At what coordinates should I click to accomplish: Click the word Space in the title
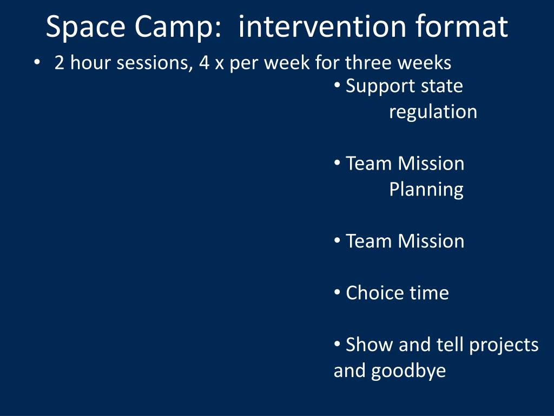85,27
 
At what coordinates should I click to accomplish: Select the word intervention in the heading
322,26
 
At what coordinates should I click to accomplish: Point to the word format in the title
461,26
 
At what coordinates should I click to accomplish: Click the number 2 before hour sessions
60,63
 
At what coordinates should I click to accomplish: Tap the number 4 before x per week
204,63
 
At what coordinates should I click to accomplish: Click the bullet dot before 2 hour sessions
37,62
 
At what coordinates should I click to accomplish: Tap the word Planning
426,190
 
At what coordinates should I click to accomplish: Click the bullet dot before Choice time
337,292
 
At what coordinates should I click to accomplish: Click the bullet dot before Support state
337,86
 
